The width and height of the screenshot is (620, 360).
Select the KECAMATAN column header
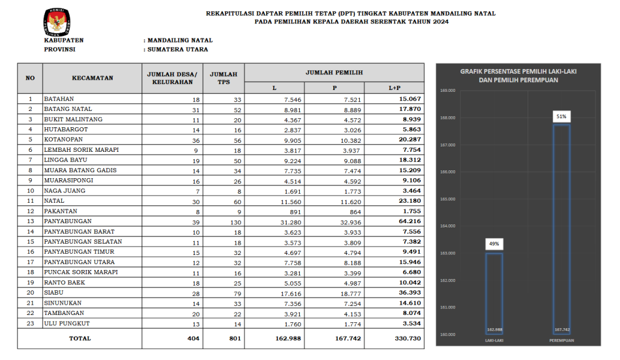(92, 78)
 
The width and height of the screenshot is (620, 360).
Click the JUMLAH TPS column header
(223, 78)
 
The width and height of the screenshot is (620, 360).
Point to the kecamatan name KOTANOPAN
(64, 139)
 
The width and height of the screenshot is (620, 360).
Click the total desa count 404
(192, 338)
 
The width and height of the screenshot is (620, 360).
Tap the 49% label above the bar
(493, 244)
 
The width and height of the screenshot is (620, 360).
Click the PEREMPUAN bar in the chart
(561, 228)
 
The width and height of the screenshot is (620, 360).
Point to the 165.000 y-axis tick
(448, 199)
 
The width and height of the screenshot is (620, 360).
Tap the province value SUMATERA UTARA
(177, 50)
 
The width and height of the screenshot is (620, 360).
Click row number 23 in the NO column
(30, 323)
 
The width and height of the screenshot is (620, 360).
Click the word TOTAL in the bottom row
(80, 338)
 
